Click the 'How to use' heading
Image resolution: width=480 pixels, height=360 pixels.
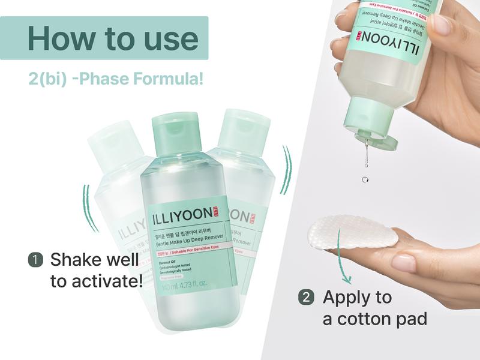click(x=112, y=38)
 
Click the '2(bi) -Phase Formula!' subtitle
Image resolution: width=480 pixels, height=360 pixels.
click(x=115, y=79)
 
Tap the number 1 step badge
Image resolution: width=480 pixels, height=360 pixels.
click(x=35, y=260)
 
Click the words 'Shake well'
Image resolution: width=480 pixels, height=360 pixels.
click(x=93, y=260)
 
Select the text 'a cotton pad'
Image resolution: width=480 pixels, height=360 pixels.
click(x=375, y=318)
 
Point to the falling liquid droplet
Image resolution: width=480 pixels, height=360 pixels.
click(x=365, y=179)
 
